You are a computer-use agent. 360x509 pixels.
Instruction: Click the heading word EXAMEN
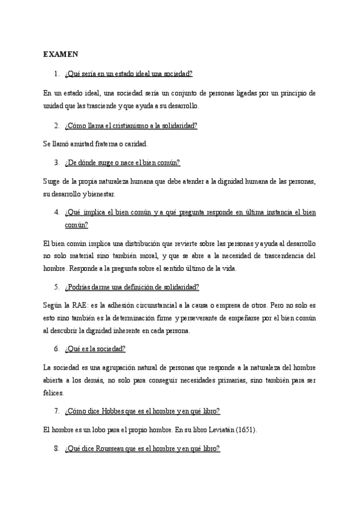tap(61, 55)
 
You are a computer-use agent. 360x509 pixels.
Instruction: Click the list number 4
tap(56, 212)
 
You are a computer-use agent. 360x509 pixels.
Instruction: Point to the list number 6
tap(56, 349)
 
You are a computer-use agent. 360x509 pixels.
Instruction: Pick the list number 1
tap(56, 74)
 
